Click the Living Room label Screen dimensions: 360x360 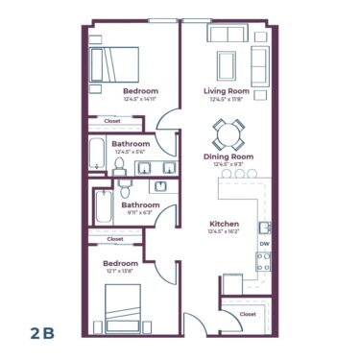[227, 91]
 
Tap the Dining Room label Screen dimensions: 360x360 [228, 156]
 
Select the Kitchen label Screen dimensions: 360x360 [225, 223]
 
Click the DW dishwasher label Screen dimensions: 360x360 [263, 244]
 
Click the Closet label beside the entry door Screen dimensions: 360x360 [248, 314]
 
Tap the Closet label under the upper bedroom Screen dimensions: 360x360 [112, 122]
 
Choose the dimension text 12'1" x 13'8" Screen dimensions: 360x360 [120, 272]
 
